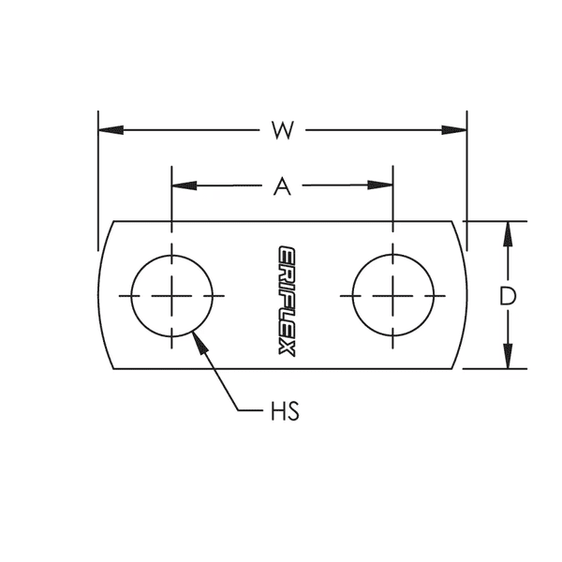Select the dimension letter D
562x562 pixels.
coord(508,297)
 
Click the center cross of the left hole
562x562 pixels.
coord(171,295)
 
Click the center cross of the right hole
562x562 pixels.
coord(392,295)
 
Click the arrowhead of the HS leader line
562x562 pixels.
coord(197,336)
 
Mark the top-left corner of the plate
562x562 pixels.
coord(115,222)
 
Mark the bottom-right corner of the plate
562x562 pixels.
coord(451,368)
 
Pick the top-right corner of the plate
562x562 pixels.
coord(451,222)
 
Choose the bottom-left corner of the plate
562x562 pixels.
coord(115,368)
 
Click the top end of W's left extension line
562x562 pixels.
coord(98,111)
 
